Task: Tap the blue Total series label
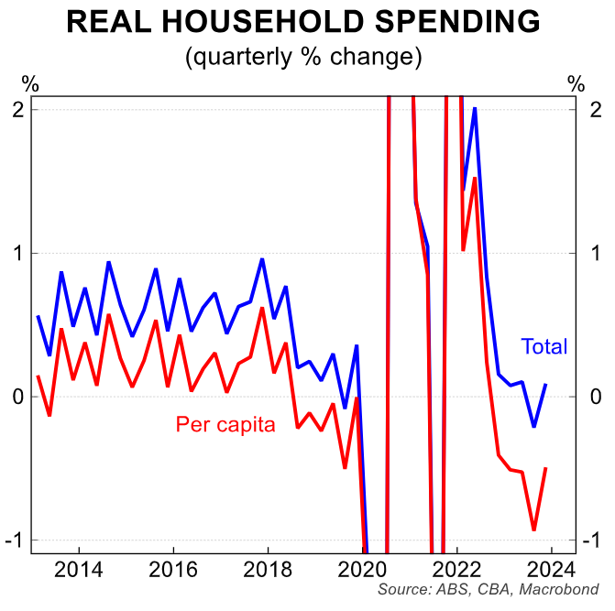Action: click(544, 347)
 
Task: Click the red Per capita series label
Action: click(225, 425)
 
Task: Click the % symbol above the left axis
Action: click(30, 84)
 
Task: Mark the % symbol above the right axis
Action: click(576, 84)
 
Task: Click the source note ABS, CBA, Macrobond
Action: click(488, 589)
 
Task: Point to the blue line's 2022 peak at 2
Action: click(475, 108)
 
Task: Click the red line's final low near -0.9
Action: click(533, 529)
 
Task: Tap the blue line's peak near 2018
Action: click(262, 259)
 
